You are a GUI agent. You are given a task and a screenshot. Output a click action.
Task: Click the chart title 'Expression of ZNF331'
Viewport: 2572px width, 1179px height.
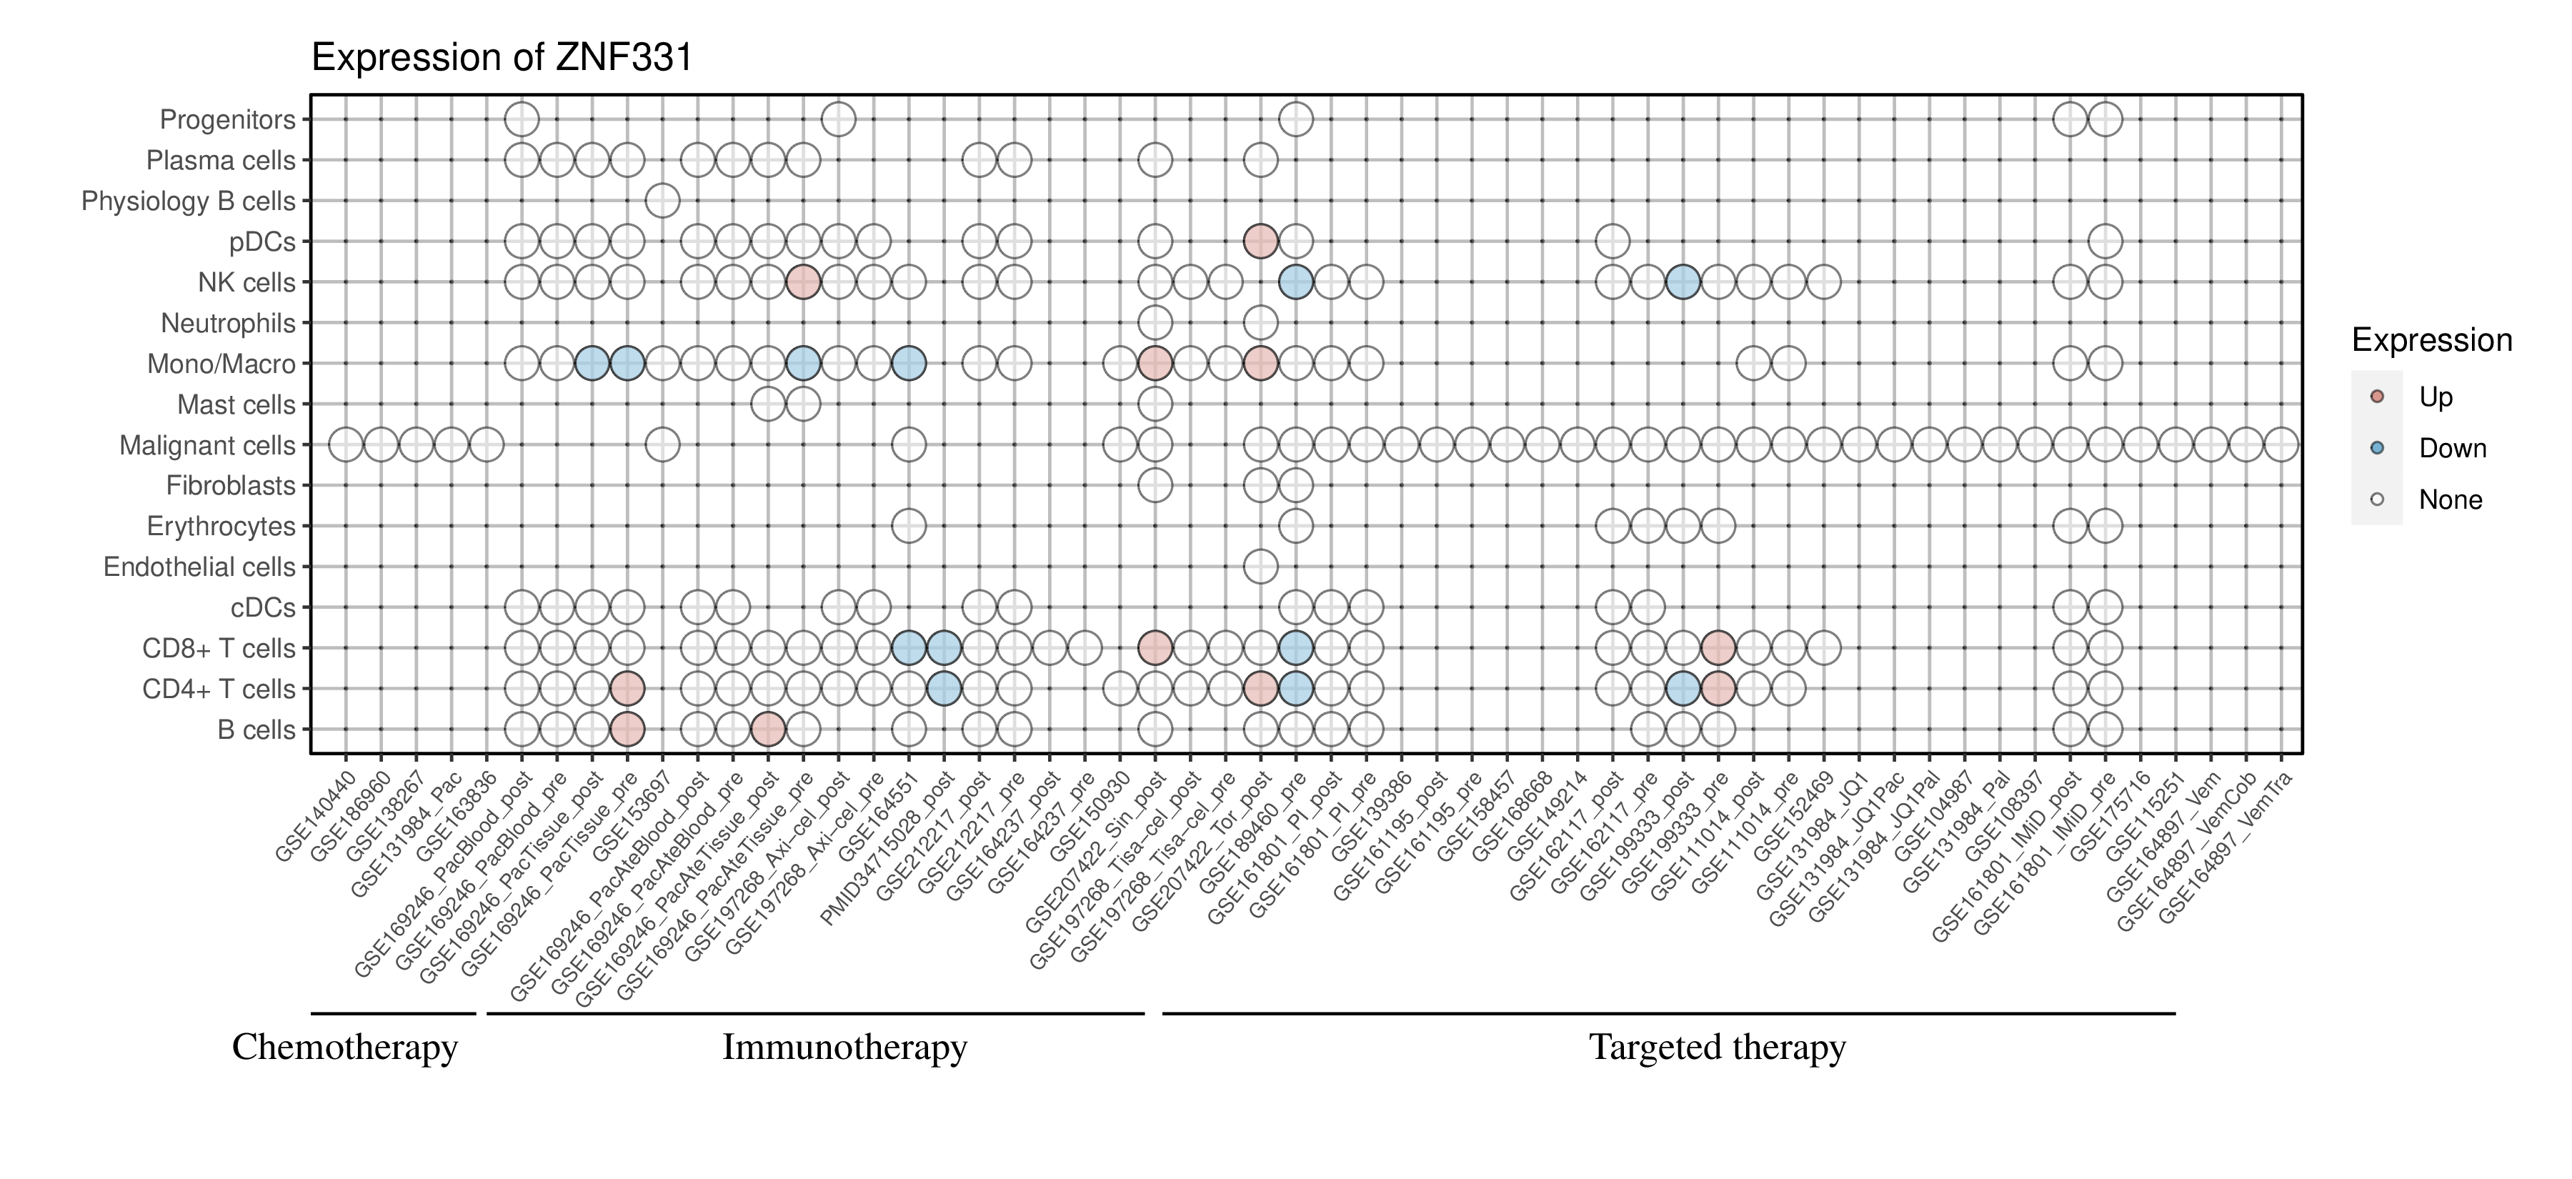[x=502, y=58]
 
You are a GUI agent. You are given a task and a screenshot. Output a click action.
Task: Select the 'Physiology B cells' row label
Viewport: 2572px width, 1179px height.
[x=189, y=201]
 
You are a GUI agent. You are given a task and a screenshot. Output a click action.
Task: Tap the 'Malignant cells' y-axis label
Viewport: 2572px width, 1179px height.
[x=208, y=445]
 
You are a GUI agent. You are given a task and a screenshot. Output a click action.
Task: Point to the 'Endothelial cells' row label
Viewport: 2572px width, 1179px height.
[x=200, y=567]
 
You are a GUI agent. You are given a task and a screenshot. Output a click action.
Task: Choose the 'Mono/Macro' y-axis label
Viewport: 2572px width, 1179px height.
[x=221, y=364]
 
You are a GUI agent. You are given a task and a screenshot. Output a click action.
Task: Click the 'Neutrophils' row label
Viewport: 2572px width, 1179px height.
[x=229, y=324]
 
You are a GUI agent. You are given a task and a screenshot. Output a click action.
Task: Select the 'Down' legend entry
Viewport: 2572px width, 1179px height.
[x=2451, y=448]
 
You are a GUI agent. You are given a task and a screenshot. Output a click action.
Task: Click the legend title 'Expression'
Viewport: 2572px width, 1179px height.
[x=2431, y=340]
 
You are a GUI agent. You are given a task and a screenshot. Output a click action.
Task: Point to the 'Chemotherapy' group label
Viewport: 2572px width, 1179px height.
[x=344, y=1048]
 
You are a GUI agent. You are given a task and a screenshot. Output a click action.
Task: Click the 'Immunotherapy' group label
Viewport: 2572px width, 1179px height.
[x=844, y=1048]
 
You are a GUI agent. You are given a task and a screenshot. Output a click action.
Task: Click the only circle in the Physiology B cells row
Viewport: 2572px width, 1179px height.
[x=662, y=201]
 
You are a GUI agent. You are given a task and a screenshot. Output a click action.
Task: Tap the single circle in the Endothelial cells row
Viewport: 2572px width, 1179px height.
[x=1260, y=567]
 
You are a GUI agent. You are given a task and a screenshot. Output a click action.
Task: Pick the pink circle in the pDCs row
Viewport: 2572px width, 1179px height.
[x=1260, y=242]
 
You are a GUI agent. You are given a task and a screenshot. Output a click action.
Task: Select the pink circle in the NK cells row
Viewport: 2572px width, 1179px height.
[x=803, y=282]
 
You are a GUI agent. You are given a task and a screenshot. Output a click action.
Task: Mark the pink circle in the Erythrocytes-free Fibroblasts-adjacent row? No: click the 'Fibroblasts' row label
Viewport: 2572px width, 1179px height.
[x=231, y=486]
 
